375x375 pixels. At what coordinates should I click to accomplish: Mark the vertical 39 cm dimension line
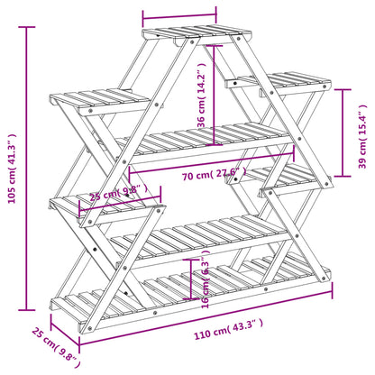pos(345,133)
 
